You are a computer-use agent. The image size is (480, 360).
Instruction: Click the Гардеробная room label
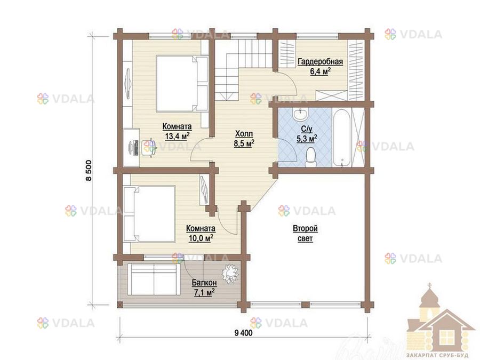point(320,61)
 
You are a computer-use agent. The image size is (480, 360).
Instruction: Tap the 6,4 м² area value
point(320,71)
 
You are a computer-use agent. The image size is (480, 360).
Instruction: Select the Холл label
point(244,134)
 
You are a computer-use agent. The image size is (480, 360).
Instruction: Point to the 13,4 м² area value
point(177,136)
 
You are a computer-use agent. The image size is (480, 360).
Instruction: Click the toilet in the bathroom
point(311,157)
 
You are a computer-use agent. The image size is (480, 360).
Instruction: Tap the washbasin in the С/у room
point(300,115)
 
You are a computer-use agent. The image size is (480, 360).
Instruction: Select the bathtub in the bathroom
point(341,137)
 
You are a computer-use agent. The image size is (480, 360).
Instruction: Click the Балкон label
point(204,283)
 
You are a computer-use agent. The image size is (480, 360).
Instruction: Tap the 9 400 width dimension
point(243,333)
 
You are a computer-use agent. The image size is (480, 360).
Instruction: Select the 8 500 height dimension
point(89,171)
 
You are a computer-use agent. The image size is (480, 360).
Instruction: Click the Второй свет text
point(305,234)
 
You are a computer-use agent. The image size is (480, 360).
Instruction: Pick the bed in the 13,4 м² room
point(182,83)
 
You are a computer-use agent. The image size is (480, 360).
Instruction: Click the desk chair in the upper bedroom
point(150,148)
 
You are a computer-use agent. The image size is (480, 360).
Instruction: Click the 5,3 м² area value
point(307,139)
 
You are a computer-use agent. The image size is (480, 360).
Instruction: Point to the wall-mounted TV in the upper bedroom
point(127,83)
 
